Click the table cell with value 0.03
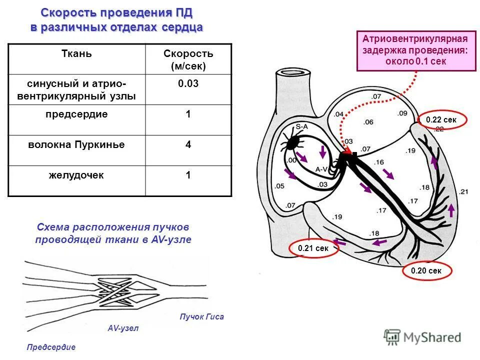[x=188, y=84]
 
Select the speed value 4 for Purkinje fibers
[x=188, y=145]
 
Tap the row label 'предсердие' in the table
[x=76, y=114]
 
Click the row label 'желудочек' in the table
[x=76, y=175]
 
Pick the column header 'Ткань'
[x=76, y=53]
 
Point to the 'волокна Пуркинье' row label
[x=76, y=145]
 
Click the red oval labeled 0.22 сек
[x=442, y=120]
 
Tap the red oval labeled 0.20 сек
[x=426, y=271]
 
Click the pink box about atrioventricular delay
[x=416, y=50]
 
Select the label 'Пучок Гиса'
[x=201, y=316]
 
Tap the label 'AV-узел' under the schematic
[x=123, y=328]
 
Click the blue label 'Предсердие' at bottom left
[x=51, y=347]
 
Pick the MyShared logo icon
[x=392, y=337]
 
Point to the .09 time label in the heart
[x=402, y=113]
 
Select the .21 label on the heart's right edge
[x=463, y=191]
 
